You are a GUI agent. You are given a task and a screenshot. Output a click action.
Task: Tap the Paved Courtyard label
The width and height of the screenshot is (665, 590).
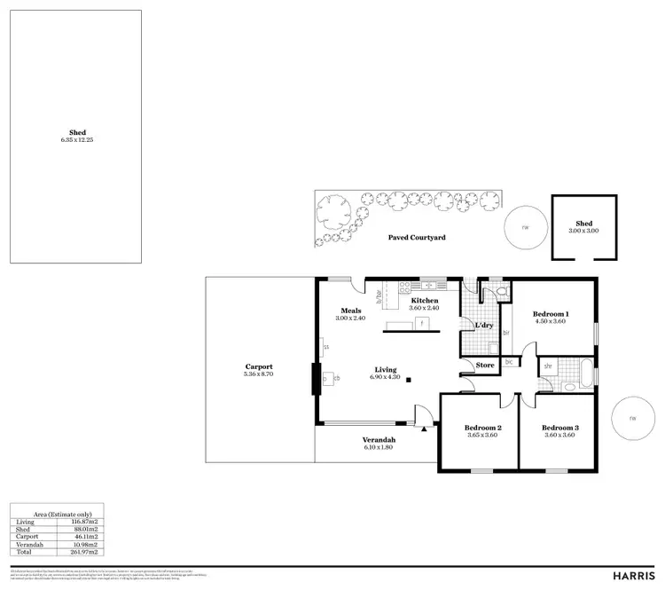[x=417, y=238]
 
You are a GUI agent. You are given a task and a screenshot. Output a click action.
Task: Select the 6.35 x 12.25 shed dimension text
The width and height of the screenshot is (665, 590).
[x=77, y=140]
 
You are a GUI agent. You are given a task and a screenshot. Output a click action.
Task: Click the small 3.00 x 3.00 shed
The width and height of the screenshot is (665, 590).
[x=583, y=227]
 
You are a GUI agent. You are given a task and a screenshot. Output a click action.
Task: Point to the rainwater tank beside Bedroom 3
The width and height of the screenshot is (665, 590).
[x=632, y=419]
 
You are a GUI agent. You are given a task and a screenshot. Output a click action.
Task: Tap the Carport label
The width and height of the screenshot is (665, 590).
[x=259, y=366]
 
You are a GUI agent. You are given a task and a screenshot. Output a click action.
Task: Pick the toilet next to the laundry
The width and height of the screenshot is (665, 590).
[x=500, y=290]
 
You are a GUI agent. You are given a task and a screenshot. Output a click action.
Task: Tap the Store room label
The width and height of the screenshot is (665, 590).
[x=484, y=365]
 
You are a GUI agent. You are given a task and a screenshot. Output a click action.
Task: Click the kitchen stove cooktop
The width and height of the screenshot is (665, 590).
[x=407, y=286]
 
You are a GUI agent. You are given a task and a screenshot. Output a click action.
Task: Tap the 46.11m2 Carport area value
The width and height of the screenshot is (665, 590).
[x=85, y=536]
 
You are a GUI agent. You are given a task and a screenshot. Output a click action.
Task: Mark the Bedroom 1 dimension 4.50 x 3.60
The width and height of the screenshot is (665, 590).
[x=550, y=322]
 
